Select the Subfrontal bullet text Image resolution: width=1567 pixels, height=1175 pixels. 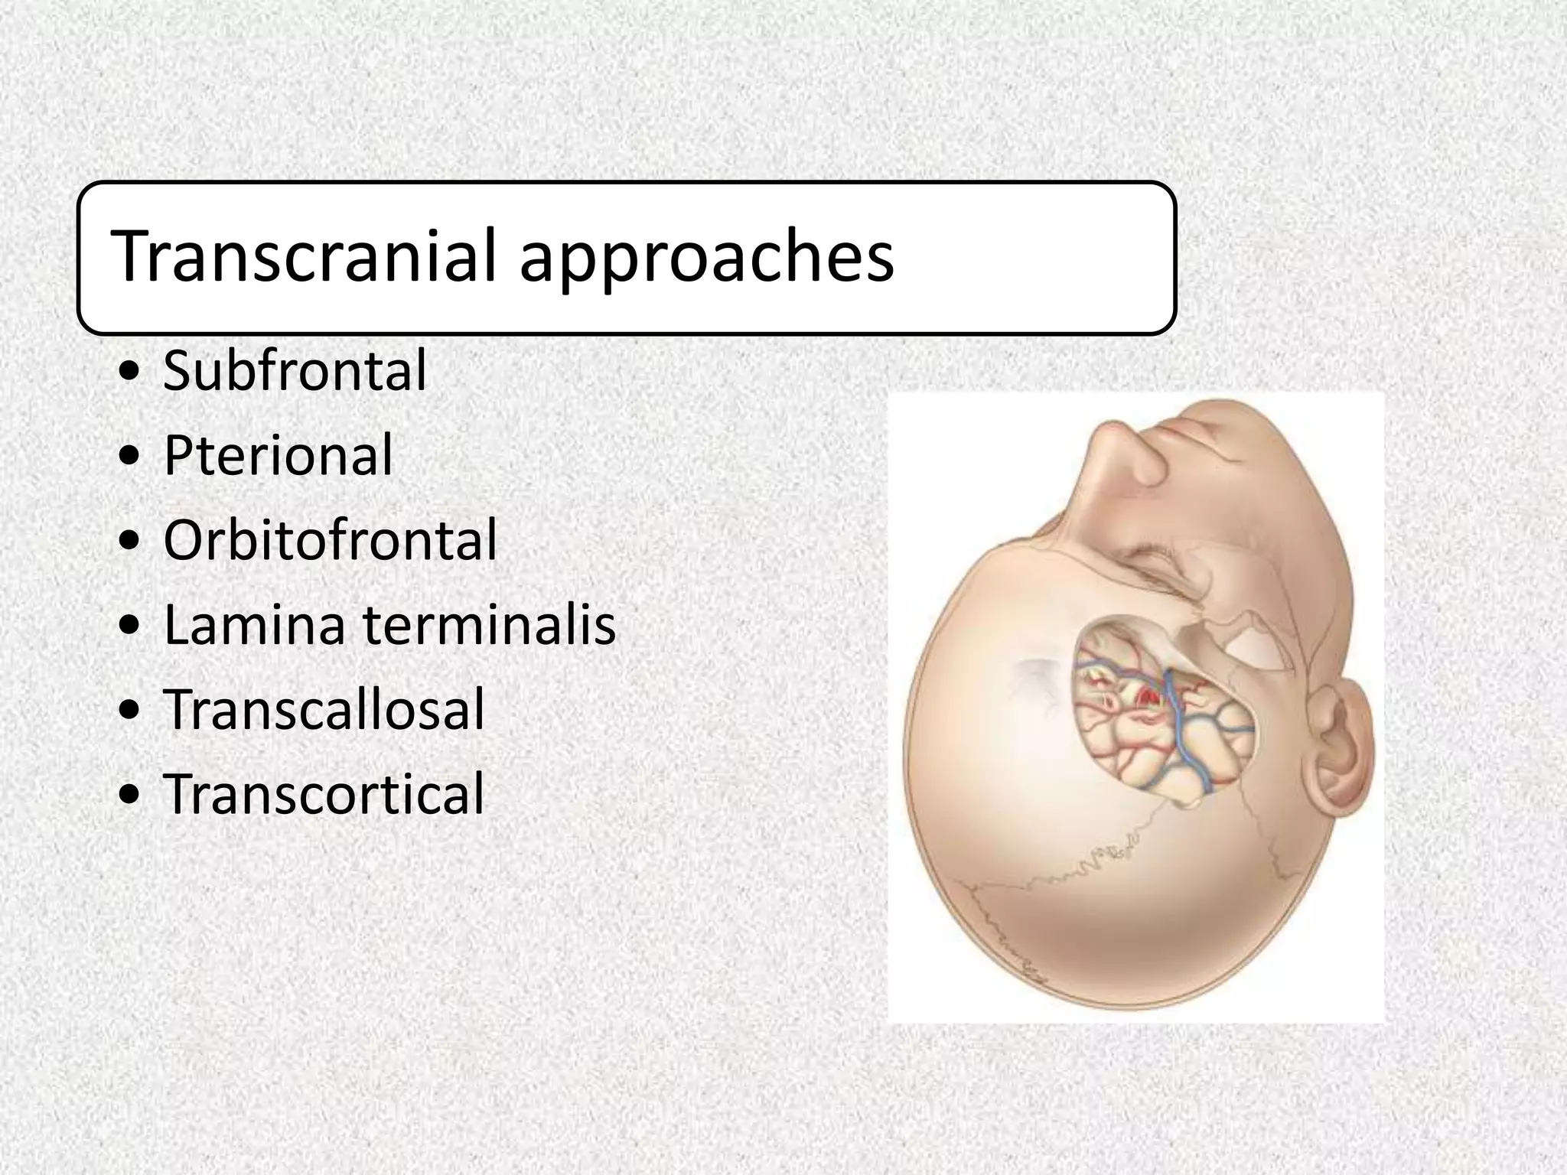coord(295,371)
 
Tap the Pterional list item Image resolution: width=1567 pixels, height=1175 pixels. coord(278,456)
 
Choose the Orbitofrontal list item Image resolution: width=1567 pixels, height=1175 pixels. coord(330,540)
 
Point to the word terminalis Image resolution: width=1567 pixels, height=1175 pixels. coord(489,625)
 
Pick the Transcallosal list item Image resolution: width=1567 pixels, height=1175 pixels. coord(324,709)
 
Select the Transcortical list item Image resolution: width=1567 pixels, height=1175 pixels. coord(324,793)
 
